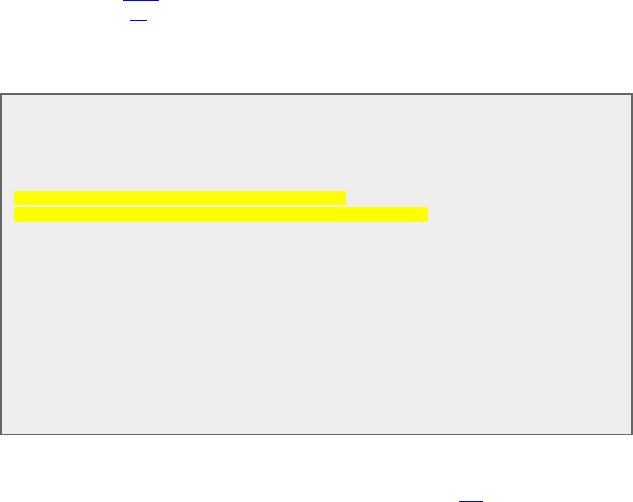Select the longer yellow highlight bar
tap(220, 215)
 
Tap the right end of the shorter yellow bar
tap(343, 198)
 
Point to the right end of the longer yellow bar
tap(426, 215)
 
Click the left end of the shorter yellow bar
tap(16, 198)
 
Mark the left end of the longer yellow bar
tap(16, 215)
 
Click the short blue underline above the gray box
tap(137, 18)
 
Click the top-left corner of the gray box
tap(1, 94)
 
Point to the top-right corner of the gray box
tap(631, 94)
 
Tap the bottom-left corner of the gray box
tap(1, 434)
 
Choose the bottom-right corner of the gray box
tap(631, 434)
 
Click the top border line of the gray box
tap(316, 94)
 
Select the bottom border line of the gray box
tap(316, 434)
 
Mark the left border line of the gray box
tap(1, 264)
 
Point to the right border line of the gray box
tap(631, 264)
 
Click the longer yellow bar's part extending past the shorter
tap(386, 215)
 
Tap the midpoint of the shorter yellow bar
tap(180, 198)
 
